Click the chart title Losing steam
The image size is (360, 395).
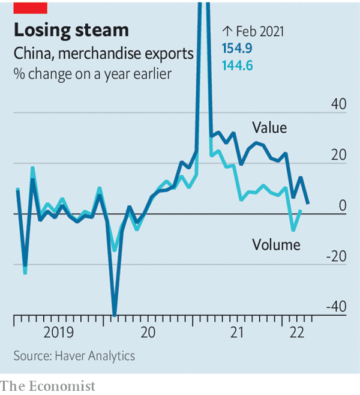(x=71, y=30)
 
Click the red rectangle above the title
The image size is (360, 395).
(x=30, y=7)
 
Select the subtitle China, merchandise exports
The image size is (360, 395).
(x=104, y=54)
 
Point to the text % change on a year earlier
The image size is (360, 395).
(x=86, y=74)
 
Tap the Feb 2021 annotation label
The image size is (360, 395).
(x=253, y=31)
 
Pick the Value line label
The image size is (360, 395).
(x=269, y=128)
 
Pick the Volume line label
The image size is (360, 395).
(x=276, y=244)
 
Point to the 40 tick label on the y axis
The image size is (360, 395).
(x=339, y=104)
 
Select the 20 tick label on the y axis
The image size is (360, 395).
(x=339, y=155)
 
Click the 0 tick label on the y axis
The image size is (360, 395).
(x=343, y=206)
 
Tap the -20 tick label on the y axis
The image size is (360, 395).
(x=337, y=257)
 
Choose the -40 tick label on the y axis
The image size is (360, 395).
(x=337, y=307)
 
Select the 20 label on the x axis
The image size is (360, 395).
(x=147, y=332)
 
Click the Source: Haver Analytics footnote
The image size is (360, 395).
(x=74, y=356)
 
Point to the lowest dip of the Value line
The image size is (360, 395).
(x=114, y=313)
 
